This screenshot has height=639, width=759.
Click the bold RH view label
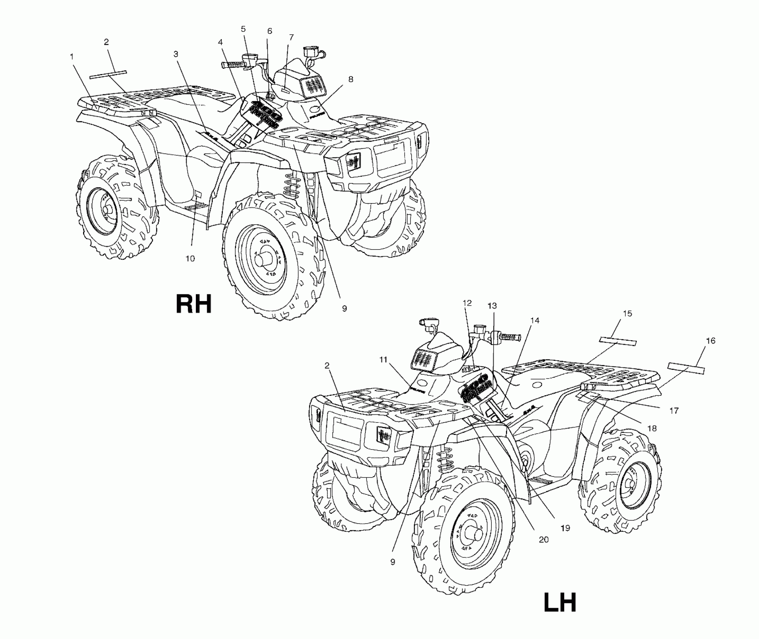click(194, 304)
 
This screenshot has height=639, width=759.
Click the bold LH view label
click(560, 603)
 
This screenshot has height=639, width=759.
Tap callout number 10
click(190, 259)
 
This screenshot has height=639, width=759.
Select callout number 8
click(350, 79)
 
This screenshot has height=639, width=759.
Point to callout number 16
click(711, 341)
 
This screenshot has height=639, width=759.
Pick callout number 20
click(544, 540)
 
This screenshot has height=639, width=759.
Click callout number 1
click(71, 56)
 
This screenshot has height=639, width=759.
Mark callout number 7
click(291, 37)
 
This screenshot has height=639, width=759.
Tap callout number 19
click(565, 528)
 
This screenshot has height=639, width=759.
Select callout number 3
click(176, 54)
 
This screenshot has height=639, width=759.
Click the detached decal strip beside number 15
click(618, 341)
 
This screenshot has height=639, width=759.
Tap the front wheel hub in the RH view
click(264, 259)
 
